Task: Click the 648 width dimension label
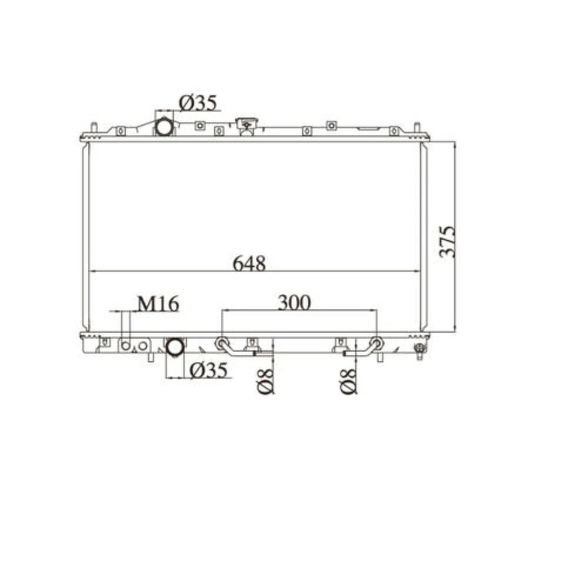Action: [249, 263]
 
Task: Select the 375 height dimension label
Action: [448, 241]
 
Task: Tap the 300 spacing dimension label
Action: [294, 302]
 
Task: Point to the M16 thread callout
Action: [157, 304]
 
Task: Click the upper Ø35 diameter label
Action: [197, 103]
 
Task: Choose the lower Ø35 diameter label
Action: [208, 370]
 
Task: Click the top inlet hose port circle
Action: [164, 127]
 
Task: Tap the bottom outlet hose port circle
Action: [175, 347]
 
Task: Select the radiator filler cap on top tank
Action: [247, 125]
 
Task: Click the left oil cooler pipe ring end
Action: [221, 342]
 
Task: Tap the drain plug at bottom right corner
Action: [420, 350]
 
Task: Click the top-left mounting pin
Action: [94, 127]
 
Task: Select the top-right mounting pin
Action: [417, 127]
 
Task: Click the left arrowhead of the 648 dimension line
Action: [92, 271]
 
